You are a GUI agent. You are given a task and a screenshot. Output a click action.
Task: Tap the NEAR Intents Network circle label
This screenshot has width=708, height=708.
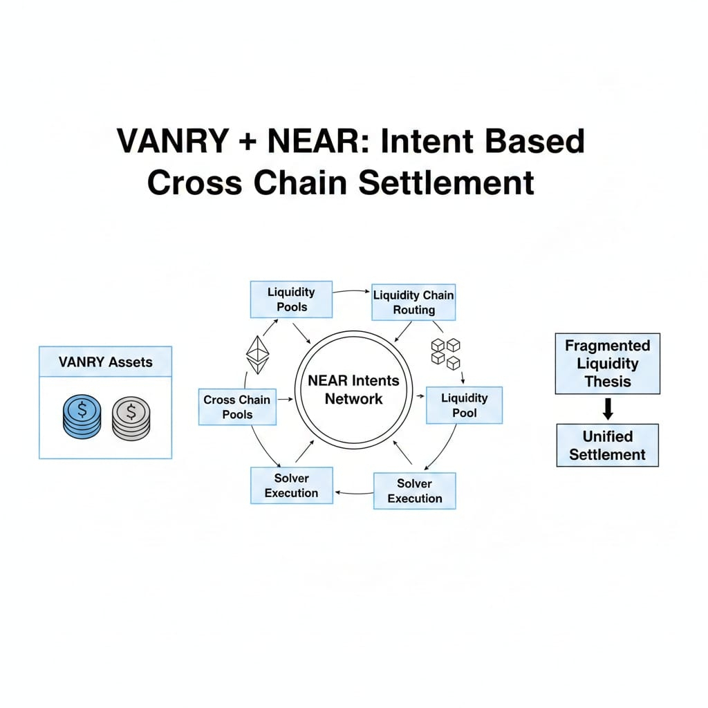[x=353, y=389]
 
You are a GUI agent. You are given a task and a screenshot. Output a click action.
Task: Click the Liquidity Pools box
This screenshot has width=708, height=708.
[x=291, y=299]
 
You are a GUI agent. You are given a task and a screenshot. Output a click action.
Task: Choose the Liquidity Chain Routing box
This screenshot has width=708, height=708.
[x=413, y=302]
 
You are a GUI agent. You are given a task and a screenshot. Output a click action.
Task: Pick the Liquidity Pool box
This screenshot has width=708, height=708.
[x=464, y=405]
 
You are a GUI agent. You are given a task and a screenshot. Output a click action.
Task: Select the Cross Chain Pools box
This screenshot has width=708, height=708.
[x=237, y=407]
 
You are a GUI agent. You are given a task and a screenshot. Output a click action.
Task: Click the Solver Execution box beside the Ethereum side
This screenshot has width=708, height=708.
[x=291, y=485]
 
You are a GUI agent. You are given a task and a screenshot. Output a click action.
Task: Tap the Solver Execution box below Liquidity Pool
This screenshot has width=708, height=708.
[x=414, y=491]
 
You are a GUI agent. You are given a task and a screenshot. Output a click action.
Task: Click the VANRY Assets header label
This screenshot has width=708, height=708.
[x=106, y=362]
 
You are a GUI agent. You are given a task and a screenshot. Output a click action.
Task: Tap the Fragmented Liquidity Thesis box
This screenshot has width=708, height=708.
[x=607, y=364]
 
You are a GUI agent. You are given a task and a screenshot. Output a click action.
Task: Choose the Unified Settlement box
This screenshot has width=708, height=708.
[x=607, y=445]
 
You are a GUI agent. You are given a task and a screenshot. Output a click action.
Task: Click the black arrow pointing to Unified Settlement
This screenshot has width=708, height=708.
[x=607, y=410]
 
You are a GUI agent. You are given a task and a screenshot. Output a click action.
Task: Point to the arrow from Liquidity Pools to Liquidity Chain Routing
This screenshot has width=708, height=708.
[x=351, y=292]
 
